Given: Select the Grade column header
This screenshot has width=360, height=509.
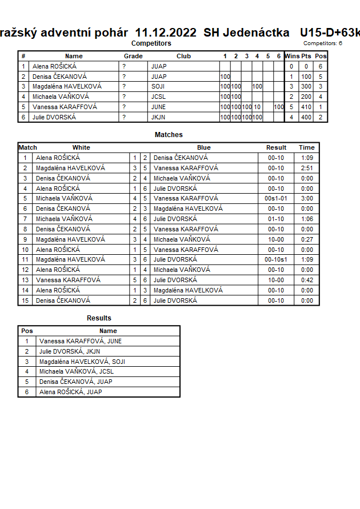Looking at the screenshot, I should tap(133, 56).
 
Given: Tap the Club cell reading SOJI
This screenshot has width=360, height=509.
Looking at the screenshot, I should tap(158, 86).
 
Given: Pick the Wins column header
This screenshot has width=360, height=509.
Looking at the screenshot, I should tap(292, 56).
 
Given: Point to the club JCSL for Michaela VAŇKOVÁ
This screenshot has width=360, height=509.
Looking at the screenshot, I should tap(158, 97).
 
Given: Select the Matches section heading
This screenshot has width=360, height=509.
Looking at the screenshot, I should tap(169, 135).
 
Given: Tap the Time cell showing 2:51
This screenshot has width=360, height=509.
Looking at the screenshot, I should tap(307, 168).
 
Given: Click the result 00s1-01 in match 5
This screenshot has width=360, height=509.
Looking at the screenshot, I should tap(277, 198).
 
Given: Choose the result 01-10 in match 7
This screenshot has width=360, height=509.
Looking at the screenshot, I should tap(277, 219).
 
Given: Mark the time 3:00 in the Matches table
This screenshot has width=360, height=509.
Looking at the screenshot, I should tap(307, 198).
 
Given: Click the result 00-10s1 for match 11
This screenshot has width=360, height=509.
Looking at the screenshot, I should tap(277, 259).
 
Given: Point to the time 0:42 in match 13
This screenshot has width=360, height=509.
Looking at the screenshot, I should tap(307, 280).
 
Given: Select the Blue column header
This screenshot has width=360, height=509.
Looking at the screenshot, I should tap(204, 147).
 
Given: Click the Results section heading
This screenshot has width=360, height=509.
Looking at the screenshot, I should tap(99, 318).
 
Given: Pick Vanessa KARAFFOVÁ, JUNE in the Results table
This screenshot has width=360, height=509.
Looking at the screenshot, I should tap(81, 341).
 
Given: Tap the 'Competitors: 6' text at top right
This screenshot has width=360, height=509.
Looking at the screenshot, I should tap(323, 43).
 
